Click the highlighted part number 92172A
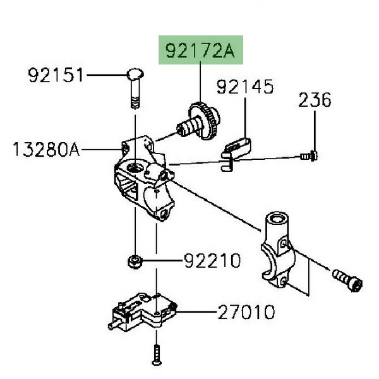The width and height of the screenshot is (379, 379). pos(199,51)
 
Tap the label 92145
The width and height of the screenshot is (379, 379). pos(246,87)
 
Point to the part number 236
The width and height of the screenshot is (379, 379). pos(315,100)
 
